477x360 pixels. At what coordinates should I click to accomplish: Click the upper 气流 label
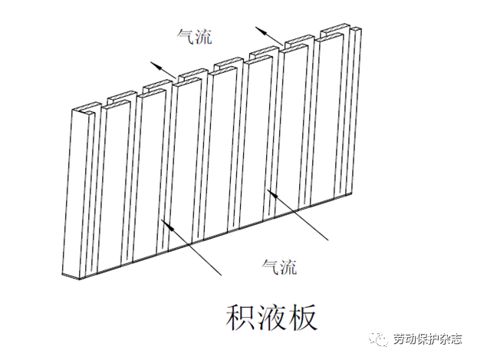pos(194,36)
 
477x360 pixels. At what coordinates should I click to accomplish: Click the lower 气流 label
pos(279,267)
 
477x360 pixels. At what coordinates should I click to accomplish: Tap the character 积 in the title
pos(240,315)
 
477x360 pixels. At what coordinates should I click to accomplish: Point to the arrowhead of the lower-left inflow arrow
pos(163,222)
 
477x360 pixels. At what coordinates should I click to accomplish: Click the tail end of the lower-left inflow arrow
pos(222,274)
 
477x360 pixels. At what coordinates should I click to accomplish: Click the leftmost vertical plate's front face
pos(81,192)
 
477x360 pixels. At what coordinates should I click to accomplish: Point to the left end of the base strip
pos(64,274)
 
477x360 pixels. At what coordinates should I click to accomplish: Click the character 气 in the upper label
pos(185,36)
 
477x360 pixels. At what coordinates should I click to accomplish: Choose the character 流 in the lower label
pos(288,267)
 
